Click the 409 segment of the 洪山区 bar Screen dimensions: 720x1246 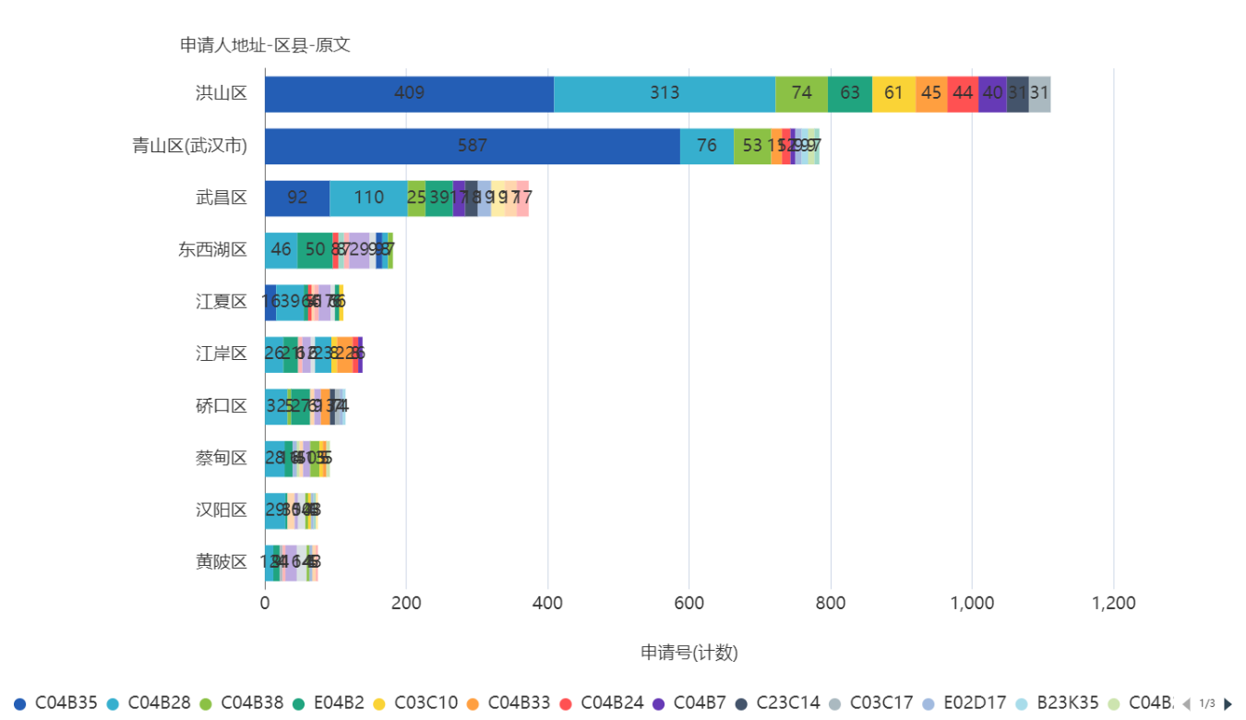[x=409, y=93]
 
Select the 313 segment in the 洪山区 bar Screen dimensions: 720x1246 [x=665, y=93]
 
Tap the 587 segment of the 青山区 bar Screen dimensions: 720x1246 [x=472, y=146]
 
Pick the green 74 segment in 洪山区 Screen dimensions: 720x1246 [x=801, y=93]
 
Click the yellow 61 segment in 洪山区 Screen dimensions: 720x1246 [x=893, y=93]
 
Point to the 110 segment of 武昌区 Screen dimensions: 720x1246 [x=368, y=198]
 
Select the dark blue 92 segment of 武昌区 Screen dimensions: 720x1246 [x=297, y=198]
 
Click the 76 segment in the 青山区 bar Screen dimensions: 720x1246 [x=707, y=146]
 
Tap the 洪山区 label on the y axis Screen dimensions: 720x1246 [x=222, y=93]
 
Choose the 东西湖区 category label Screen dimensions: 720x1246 [x=213, y=250]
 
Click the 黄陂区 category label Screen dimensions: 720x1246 [x=222, y=561]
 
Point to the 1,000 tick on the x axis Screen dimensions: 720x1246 [x=972, y=603]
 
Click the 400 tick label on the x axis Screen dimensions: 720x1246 [x=548, y=603]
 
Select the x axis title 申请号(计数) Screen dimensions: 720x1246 [x=689, y=653]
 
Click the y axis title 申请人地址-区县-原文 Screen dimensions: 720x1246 [x=265, y=45]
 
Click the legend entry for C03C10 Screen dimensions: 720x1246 [x=425, y=703]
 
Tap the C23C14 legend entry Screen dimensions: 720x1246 [x=787, y=703]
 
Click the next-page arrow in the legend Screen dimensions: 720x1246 [x=1228, y=703]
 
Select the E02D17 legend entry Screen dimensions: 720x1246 [x=974, y=703]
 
